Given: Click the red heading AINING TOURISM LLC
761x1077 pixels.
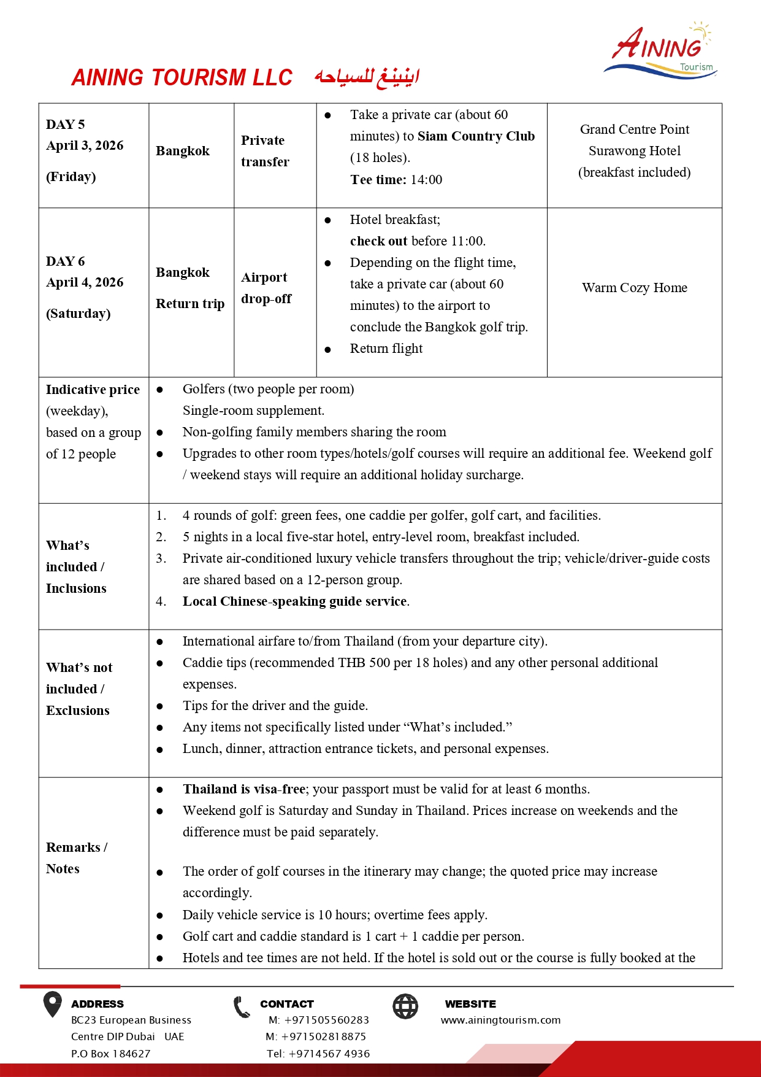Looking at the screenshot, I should [x=182, y=78].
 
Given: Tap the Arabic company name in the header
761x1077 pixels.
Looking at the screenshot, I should [x=367, y=77].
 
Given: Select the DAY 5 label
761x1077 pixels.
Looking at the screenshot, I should [x=65, y=125].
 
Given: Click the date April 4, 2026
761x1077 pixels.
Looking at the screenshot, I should [x=85, y=282].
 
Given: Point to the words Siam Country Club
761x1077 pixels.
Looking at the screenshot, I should [x=476, y=136].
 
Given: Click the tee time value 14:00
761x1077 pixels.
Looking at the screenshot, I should [x=426, y=180].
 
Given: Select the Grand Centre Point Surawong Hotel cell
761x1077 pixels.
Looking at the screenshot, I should [x=634, y=151].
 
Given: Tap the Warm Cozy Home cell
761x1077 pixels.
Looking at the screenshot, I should [x=634, y=288].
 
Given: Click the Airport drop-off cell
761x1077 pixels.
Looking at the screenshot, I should [x=266, y=288].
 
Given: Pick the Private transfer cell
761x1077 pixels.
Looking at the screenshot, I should [x=265, y=151].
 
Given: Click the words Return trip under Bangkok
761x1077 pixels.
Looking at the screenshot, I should [x=190, y=304].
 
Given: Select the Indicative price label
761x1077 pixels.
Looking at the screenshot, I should [x=93, y=390].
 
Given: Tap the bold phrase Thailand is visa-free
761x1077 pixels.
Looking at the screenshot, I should [x=243, y=789].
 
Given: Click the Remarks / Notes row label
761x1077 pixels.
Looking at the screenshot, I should [x=75, y=858].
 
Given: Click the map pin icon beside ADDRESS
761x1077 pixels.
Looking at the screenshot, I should [x=53, y=1005].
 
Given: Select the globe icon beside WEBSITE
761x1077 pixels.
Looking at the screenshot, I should [x=405, y=1006].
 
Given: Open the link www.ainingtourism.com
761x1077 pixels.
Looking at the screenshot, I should [x=500, y=1020].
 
